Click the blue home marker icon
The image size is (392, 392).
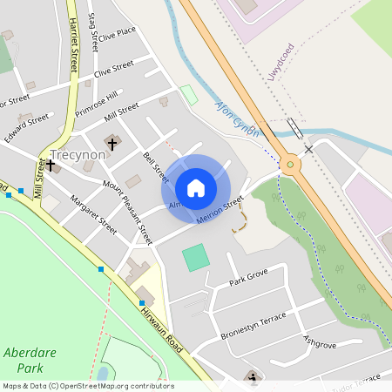[196, 188]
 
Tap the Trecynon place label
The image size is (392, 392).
[78, 154]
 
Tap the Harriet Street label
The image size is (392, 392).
[73, 44]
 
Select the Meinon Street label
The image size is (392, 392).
[220, 211]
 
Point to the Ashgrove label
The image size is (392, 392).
[320, 341]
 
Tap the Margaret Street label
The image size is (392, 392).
[93, 213]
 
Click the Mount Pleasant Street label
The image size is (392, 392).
[127, 213]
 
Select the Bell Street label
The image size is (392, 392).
[155, 166]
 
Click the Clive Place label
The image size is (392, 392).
[118, 35]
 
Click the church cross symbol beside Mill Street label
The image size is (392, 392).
[40, 162]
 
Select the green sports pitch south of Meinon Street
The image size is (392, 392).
[196, 257]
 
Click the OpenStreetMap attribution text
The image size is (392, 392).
[87, 385]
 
